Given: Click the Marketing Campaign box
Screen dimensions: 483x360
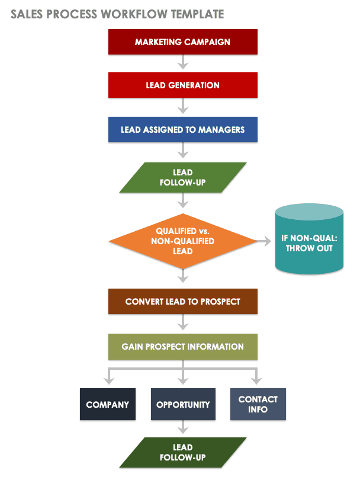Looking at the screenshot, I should point(182,42).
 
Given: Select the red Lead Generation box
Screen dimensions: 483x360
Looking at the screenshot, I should point(182,85).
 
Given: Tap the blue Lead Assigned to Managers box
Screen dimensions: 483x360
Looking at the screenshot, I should point(182,129).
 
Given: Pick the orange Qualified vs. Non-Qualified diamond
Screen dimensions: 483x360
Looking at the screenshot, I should point(182,241).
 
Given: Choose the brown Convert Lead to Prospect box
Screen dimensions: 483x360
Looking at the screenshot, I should point(182,301).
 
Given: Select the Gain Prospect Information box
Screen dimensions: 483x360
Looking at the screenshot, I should point(182,346).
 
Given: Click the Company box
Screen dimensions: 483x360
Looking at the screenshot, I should point(107,405).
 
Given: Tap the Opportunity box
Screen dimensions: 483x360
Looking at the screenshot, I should point(183,405).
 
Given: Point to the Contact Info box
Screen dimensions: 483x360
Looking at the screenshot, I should point(258,405).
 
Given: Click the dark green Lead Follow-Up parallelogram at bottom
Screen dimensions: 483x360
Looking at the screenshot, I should point(182,453).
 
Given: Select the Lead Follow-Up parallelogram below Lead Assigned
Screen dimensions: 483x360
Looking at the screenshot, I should point(182,178).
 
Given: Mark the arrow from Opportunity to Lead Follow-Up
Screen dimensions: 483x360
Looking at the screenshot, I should point(183,428).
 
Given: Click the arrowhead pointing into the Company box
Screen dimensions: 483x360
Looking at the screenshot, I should point(107,380).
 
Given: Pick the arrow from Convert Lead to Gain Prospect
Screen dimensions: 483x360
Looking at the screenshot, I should point(183,324).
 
